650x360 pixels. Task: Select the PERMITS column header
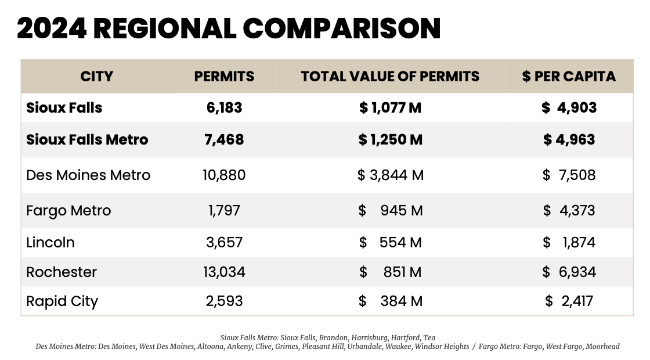click(x=224, y=77)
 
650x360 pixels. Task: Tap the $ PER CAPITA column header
click(x=569, y=77)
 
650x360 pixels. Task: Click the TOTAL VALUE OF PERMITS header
click(x=390, y=77)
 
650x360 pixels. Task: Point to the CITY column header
click(x=96, y=77)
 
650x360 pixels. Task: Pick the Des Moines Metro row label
click(x=88, y=175)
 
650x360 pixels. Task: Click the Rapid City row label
click(x=62, y=301)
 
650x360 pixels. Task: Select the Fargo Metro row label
click(x=68, y=211)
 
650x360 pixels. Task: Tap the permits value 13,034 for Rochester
click(x=225, y=272)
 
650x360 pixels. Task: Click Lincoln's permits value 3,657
click(x=224, y=243)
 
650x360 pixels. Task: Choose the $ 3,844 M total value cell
click(x=390, y=175)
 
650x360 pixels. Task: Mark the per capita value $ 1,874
click(x=569, y=243)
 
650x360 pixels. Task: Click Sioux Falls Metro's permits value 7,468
click(x=224, y=140)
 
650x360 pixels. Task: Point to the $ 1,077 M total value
click(x=390, y=108)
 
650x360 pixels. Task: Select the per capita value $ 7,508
click(x=569, y=175)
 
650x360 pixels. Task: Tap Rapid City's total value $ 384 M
click(x=390, y=301)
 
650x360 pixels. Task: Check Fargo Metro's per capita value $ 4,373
click(x=569, y=211)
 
